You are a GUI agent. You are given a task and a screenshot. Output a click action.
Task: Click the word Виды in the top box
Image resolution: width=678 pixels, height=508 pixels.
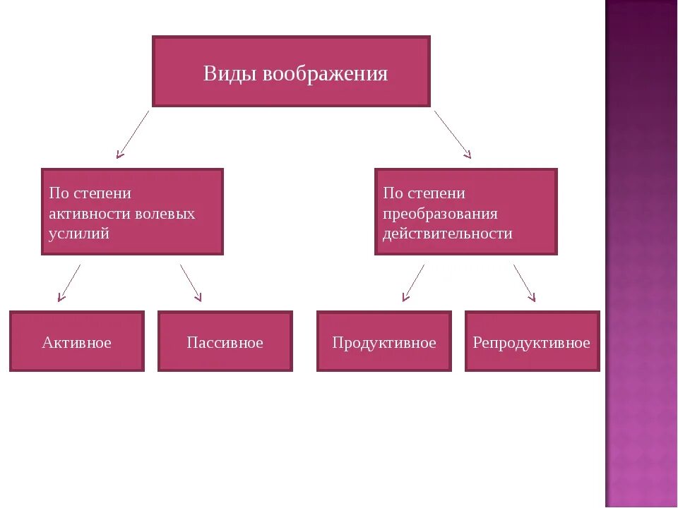[x=230, y=74]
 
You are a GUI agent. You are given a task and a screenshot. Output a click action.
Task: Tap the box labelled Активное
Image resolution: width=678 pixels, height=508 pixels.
[x=76, y=342]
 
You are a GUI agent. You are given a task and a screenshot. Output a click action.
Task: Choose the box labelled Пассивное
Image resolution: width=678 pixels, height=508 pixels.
[x=225, y=342]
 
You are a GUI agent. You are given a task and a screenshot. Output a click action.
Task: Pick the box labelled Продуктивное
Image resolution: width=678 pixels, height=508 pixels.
[x=383, y=342]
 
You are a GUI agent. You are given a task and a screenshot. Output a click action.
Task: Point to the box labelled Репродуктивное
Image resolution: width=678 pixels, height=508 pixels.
[x=531, y=342]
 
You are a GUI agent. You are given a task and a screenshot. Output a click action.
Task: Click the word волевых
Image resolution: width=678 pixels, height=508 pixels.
[x=167, y=213]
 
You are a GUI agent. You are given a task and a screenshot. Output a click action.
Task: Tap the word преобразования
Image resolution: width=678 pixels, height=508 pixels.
[x=440, y=213]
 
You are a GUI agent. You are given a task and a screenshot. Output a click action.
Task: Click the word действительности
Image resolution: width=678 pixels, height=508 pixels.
[x=447, y=234]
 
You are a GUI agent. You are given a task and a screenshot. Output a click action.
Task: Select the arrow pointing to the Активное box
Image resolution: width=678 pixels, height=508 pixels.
[x=69, y=283]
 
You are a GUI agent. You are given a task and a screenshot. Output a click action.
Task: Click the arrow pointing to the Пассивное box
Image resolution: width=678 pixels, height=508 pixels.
[x=191, y=283]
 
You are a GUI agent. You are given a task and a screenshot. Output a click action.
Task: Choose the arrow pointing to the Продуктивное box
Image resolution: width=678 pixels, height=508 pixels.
[x=413, y=283]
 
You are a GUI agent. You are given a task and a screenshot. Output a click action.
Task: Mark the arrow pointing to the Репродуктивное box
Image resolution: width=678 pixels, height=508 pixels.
[x=524, y=283]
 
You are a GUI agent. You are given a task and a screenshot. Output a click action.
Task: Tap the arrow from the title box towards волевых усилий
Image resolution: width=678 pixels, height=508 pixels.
[x=133, y=133]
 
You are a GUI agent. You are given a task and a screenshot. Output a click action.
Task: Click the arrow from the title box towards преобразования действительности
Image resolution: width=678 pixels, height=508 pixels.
[x=452, y=133]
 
